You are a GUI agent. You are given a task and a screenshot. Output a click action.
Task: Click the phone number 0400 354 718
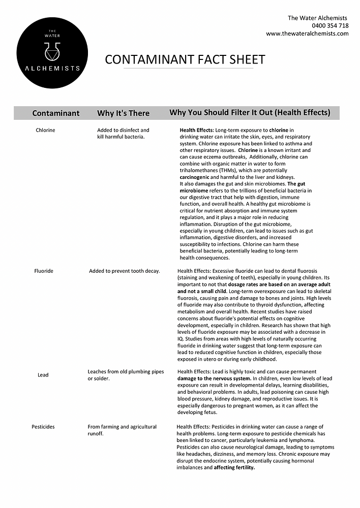(x=330, y=25)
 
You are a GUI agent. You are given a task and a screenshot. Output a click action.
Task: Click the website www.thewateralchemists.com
(x=307, y=34)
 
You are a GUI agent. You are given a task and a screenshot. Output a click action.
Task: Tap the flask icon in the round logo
(x=52, y=51)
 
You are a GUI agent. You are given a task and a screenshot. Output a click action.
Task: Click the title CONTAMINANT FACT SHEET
(x=185, y=59)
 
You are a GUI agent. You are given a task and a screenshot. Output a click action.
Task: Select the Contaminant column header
(x=56, y=113)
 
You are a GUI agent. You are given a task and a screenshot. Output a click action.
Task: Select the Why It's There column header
(x=123, y=113)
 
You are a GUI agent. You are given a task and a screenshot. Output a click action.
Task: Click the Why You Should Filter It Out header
(x=250, y=113)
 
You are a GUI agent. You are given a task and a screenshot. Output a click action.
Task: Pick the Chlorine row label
(x=45, y=131)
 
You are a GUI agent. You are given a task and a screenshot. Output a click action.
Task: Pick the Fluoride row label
(x=43, y=271)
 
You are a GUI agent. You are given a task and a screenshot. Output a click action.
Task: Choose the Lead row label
(x=43, y=375)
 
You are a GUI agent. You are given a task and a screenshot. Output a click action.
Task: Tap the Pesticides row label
(x=43, y=427)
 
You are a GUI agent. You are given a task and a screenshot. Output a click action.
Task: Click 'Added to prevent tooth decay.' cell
(x=125, y=271)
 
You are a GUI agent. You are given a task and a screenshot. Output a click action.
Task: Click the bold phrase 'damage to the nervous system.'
(x=214, y=378)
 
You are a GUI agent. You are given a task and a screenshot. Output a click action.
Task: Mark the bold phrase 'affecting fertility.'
(x=234, y=467)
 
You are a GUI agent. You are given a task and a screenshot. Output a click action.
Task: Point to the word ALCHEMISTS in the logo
(x=52, y=69)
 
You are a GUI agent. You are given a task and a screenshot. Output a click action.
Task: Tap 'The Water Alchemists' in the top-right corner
(x=318, y=18)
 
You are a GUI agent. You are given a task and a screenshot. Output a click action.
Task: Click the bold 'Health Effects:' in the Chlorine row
(x=196, y=131)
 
